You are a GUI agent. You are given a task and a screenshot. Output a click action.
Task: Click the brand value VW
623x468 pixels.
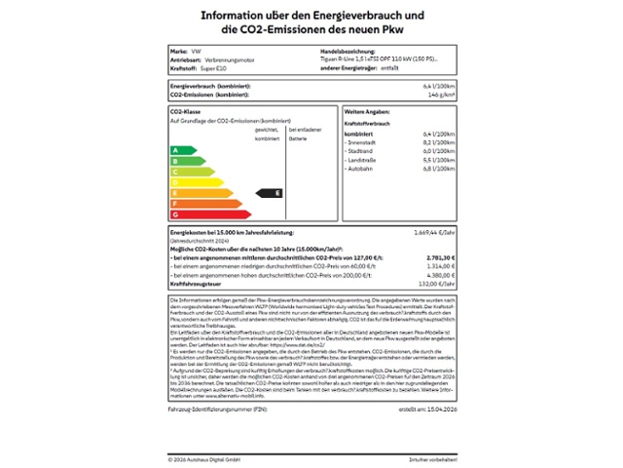(196, 50)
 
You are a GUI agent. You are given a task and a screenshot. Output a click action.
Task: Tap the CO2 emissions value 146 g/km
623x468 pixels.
(441, 95)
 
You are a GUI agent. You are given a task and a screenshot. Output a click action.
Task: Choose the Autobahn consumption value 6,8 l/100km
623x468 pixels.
(439, 169)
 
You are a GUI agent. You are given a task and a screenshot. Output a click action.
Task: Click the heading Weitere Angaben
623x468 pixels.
(367, 113)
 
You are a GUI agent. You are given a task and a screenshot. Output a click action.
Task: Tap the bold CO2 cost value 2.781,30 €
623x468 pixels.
(439, 258)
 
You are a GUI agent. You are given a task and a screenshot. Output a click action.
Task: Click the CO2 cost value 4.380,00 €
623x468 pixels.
(440, 275)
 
